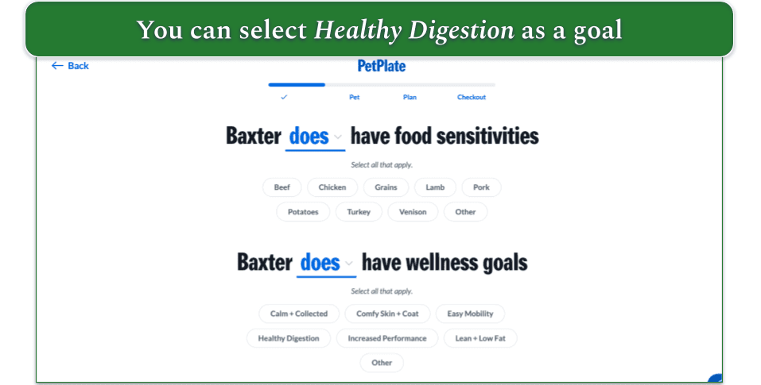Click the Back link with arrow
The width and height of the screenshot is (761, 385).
[x=70, y=66]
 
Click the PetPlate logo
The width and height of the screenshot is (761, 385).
[x=381, y=67]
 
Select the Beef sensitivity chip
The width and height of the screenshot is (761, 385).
[x=282, y=187]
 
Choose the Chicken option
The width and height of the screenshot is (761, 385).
[x=332, y=187]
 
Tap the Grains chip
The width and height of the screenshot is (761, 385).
[x=386, y=187]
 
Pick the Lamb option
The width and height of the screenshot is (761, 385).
[x=435, y=187]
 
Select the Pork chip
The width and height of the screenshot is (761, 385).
[x=481, y=187]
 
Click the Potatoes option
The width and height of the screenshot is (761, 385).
[x=303, y=212]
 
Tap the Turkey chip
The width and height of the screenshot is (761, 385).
[x=359, y=212]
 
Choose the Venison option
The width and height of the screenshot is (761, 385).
[x=413, y=212]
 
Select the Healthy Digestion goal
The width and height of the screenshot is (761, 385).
[x=289, y=338]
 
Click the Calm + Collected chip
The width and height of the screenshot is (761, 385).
[x=299, y=314]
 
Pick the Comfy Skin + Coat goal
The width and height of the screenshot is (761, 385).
[x=387, y=314]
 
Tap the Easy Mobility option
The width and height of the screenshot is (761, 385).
[x=470, y=314]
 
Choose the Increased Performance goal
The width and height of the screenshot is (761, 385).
[x=387, y=338]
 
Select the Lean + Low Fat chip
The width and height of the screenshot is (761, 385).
[x=480, y=338]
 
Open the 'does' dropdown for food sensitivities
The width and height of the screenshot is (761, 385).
[x=316, y=137]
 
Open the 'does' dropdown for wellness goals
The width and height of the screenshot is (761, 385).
[x=326, y=263]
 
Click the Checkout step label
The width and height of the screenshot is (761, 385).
[x=472, y=98]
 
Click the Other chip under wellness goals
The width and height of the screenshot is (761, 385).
[x=382, y=363]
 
